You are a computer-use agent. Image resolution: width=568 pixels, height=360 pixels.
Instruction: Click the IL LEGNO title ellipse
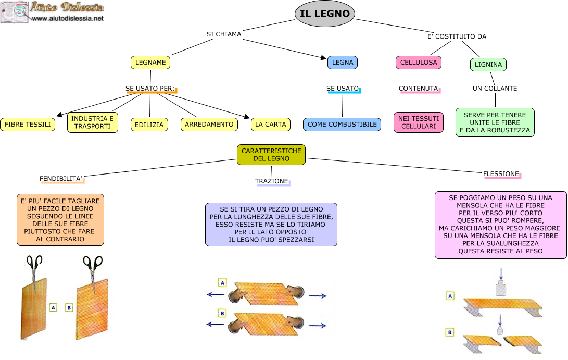point(325,14)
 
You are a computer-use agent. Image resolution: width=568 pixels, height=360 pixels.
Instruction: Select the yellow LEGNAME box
point(150,63)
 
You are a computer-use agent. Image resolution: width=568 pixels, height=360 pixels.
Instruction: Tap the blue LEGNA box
point(342,63)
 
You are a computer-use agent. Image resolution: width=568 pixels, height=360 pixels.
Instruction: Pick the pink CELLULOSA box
point(418,63)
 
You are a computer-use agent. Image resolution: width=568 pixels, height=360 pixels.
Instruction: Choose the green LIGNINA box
point(488,65)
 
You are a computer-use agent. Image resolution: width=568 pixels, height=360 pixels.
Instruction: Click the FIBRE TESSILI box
point(28,125)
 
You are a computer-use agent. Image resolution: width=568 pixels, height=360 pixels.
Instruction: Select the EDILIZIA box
point(149,125)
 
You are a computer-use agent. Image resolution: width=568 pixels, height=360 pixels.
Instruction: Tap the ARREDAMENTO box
point(209,125)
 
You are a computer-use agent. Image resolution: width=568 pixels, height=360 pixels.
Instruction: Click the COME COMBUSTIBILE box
point(342,125)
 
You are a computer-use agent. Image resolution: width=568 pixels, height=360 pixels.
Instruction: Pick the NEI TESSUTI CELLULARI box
point(419,122)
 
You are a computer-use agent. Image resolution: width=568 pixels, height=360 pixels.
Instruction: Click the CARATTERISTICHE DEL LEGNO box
point(271,155)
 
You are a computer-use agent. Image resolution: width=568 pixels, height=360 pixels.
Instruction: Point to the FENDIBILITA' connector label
point(61,179)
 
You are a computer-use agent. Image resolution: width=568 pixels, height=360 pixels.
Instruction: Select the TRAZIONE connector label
point(272,181)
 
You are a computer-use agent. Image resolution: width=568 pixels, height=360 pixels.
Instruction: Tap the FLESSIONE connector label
point(501,173)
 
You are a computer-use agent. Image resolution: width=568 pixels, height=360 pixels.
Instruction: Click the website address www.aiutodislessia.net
point(68,18)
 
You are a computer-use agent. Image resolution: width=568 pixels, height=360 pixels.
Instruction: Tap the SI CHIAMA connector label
point(224,34)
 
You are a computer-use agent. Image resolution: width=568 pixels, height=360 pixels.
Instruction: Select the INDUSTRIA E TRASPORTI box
point(93,122)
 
